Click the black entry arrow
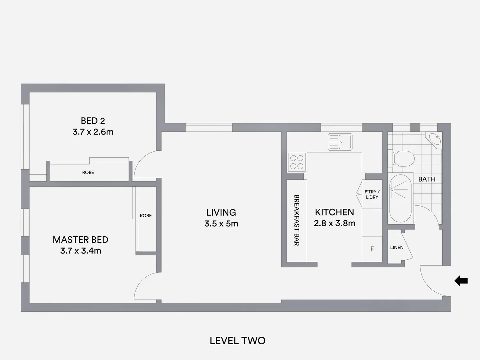tap(461, 281)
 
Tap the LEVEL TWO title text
tap(237, 341)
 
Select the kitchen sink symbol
tap(340, 142)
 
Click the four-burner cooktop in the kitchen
tap(297, 162)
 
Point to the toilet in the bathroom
tap(403, 158)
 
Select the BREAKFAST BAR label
tap(296, 220)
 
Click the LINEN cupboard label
tap(397, 247)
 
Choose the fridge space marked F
tap(372, 249)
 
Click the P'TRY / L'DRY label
tap(372, 194)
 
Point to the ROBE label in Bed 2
tap(88, 172)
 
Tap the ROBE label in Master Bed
tap(146, 216)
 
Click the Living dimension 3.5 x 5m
tap(221, 224)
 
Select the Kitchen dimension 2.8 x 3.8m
tap(334, 223)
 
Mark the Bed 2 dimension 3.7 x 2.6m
tap(93, 132)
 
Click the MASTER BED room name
tap(80, 240)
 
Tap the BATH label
tap(427, 179)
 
